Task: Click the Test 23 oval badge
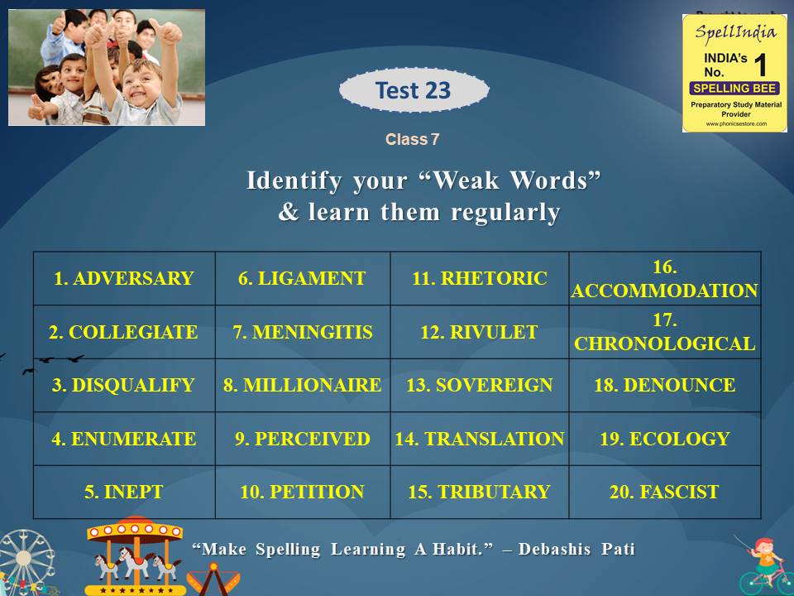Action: point(414,90)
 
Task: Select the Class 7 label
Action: point(412,140)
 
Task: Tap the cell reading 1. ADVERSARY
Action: point(124,279)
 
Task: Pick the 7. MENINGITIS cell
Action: point(303,333)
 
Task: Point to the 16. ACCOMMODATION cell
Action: point(665,279)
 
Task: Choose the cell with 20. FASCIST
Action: point(665,493)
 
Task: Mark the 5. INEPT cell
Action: point(124,493)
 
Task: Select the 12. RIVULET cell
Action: point(480,333)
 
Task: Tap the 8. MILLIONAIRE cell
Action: point(303,386)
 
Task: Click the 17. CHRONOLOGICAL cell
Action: point(665,333)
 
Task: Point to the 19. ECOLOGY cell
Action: point(665,439)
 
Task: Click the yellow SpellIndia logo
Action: point(734,73)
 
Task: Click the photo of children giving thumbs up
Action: point(107,67)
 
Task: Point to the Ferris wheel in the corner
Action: point(25,563)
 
